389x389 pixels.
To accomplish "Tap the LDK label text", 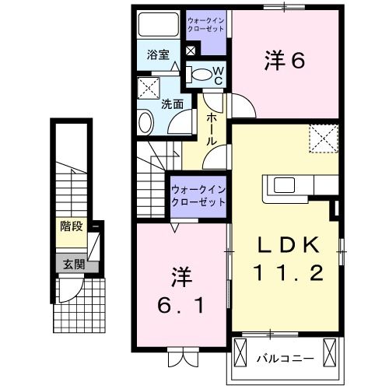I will click(289, 245).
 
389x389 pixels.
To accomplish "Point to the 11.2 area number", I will click(289, 274).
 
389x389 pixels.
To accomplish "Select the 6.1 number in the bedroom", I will click(181, 306).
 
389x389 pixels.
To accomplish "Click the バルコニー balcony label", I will click(285, 359).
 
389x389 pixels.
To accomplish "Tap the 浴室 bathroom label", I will click(159, 54).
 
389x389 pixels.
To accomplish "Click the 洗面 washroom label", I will click(172, 103).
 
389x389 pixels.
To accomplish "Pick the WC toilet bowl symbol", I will click(202, 75).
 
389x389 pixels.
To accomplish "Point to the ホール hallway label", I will click(212, 131).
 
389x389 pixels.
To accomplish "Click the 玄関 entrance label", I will click(72, 263).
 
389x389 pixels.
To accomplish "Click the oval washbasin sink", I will click(145, 122).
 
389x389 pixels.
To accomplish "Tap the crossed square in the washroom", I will click(148, 86).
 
